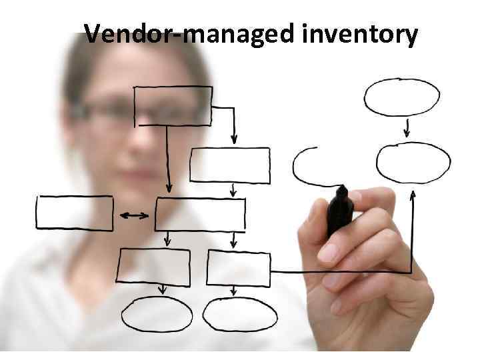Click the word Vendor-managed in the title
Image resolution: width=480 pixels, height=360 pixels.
click(x=189, y=33)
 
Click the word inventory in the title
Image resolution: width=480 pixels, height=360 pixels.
click(x=360, y=33)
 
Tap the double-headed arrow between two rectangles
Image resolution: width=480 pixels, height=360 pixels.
click(x=134, y=215)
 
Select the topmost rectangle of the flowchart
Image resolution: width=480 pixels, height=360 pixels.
click(x=173, y=106)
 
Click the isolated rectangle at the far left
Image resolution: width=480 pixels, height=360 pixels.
click(x=75, y=213)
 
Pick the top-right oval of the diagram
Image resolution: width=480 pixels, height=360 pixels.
click(x=401, y=97)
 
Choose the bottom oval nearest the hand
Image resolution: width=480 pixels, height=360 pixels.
click(x=240, y=314)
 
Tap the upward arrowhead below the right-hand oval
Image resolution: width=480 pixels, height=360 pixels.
click(x=413, y=195)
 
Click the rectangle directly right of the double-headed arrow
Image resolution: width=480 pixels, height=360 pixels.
click(x=200, y=213)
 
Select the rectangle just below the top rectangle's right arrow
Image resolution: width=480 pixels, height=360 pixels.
click(x=230, y=165)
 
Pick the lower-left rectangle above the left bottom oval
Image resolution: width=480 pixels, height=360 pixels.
click(x=153, y=266)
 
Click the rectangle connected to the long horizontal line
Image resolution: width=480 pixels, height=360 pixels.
click(x=238, y=268)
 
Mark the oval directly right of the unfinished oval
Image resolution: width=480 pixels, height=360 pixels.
click(x=413, y=163)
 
